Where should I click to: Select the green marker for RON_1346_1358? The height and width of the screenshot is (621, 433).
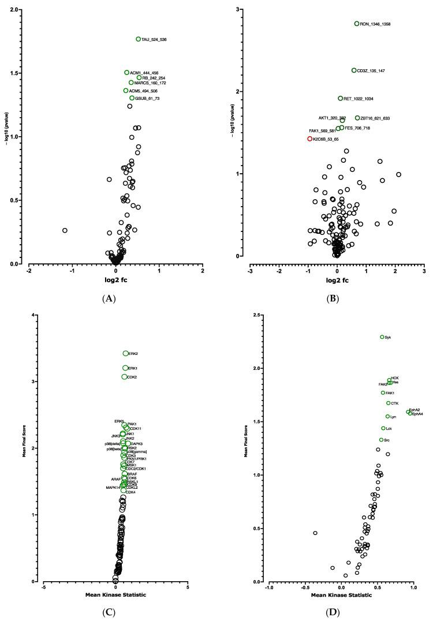[x=357, y=24]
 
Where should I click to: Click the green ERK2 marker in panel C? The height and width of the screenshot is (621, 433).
[x=125, y=353]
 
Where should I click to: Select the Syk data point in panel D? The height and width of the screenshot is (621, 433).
[x=382, y=337]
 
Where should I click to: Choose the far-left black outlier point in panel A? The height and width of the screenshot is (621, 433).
[x=65, y=230]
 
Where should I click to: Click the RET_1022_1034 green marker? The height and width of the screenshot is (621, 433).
[x=341, y=98]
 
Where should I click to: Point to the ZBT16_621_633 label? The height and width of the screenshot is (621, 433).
[x=376, y=118]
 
